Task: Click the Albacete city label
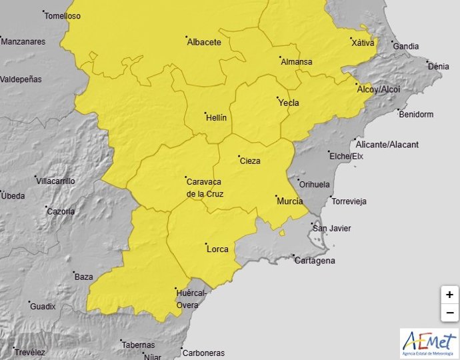[x=204, y=42]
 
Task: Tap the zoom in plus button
[x=450, y=295]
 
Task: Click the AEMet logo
[x=429, y=343]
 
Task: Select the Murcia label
[x=290, y=201]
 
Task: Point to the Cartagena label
[x=315, y=261]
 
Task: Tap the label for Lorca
[x=218, y=249]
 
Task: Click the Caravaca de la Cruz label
[x=205, y=187]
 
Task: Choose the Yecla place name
[x=289, y=103]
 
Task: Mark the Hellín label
[x=216, y=117]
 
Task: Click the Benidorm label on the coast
[x=416, y=114]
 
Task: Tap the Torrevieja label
[x=350, y=201]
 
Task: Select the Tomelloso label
[x=62, y=16]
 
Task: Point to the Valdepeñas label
[x=21, y=79]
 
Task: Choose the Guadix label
[x=43, y=307]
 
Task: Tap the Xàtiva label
[x=363, y=43]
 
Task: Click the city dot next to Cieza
[x=239, y=157]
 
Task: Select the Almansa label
[x=297, y=62]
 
